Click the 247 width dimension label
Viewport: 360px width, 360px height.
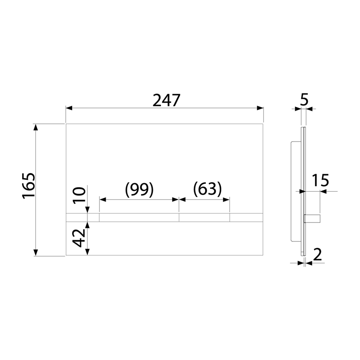[x=166, y=100]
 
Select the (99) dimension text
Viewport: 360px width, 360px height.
[x=139, y=189]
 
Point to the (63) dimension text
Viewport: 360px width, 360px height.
[x=207, y=189]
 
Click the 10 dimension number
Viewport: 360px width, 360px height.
[x=79, y=195]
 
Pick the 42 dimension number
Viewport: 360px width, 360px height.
[x=79, y=238]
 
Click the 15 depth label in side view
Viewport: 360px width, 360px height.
[x=321, y=180]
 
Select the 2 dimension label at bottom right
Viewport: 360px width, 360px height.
[x=317, y=254]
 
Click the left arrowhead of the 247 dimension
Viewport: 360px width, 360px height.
[x=69, y=108]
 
